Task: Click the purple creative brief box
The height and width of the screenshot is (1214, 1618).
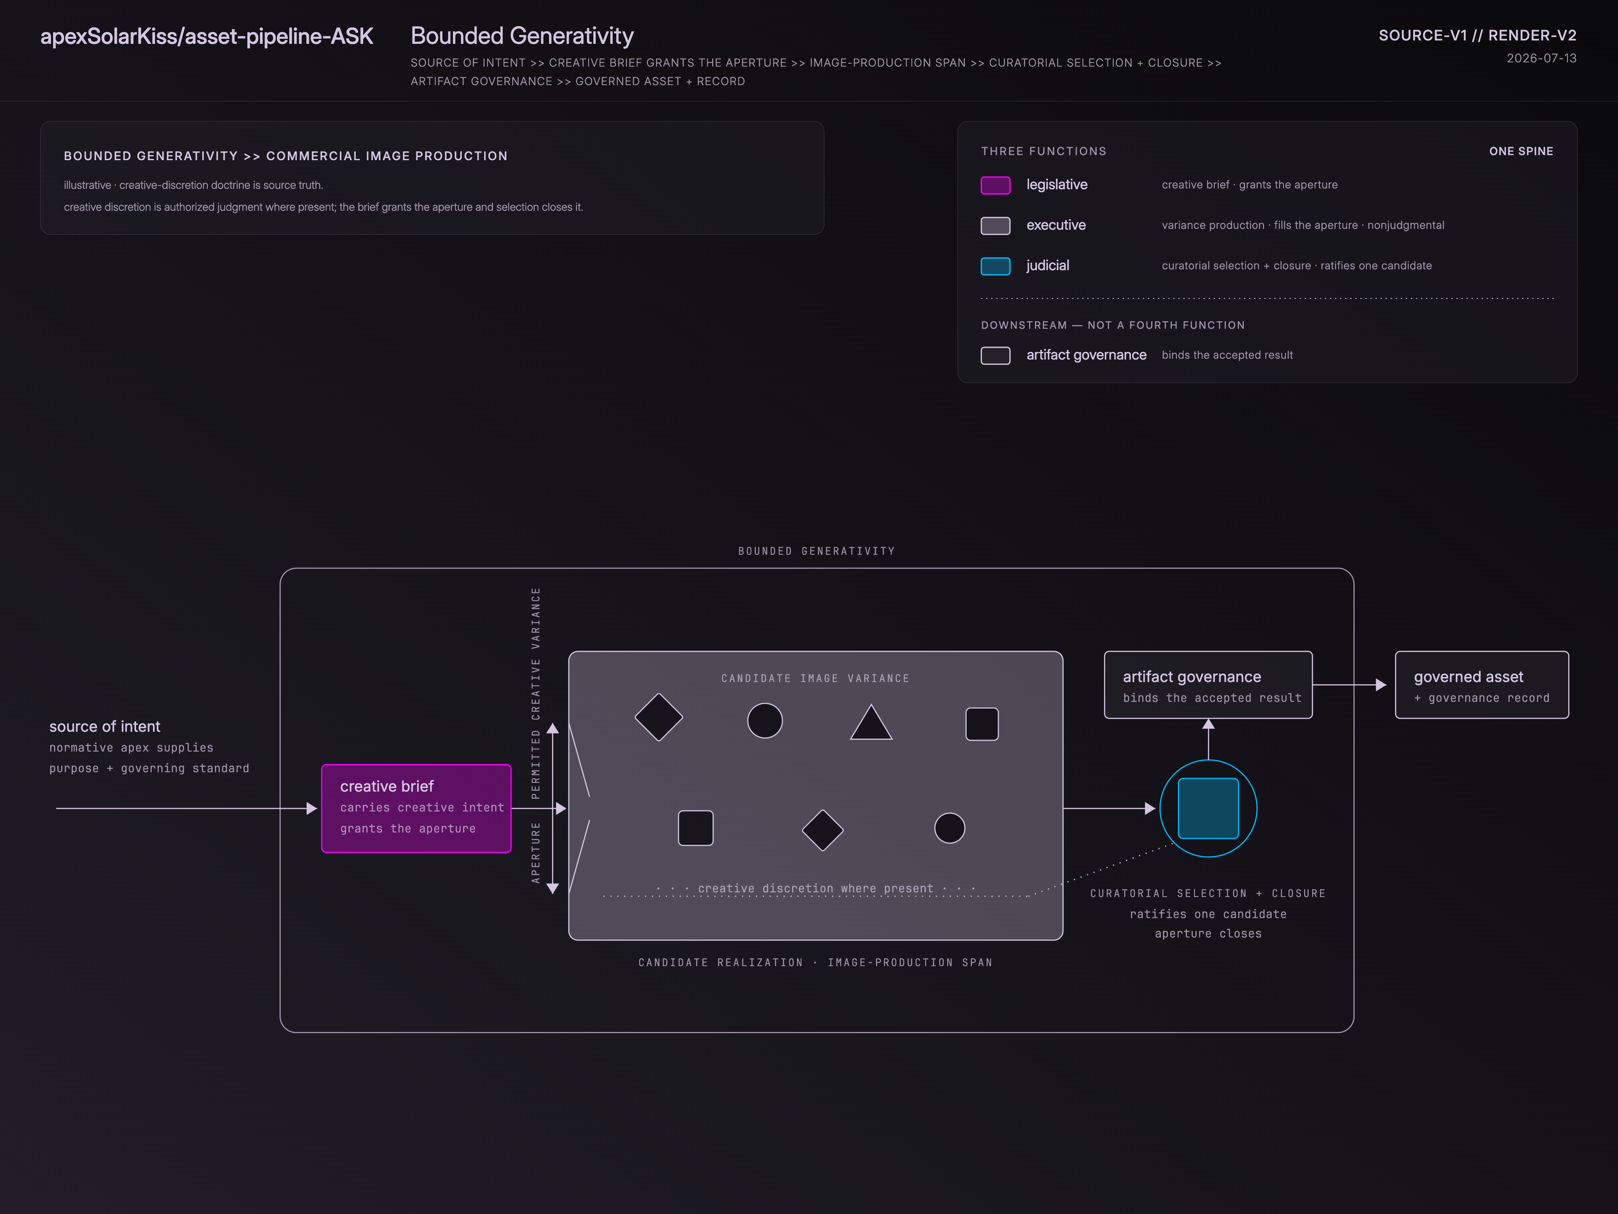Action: (x=416, y=808)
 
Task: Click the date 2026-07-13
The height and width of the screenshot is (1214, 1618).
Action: (x=1541, y=59)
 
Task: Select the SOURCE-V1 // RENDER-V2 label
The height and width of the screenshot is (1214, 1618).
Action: (x=1478, y=35)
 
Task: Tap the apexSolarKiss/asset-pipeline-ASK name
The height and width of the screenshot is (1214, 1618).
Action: (x=207, y=36)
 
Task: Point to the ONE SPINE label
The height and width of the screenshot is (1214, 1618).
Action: (x=1522, y=151)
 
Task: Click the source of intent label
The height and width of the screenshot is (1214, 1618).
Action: (x=104, y=727)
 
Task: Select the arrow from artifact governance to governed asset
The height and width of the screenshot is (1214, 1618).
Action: (x=1350, y=685)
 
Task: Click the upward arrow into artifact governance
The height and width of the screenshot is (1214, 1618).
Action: (x=1208, y=739)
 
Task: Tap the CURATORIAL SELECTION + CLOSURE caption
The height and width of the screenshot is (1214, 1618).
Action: (x=1208, y=894)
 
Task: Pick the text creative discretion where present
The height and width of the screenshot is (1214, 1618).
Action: (x=816, y=888)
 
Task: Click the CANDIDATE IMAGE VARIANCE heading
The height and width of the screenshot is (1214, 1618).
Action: (x=816, y=678)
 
